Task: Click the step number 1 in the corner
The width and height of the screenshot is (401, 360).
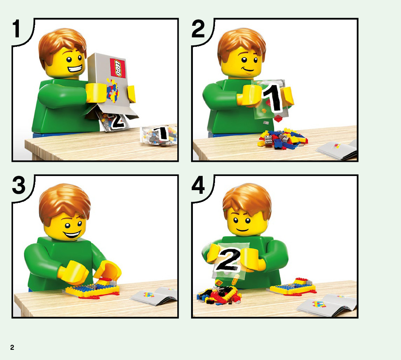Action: pyautogui.click(x=16, y=29)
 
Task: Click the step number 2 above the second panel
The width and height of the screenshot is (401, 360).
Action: pyautogui.click(x=198, y=29)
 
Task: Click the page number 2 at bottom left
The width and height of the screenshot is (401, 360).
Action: pyautogui.click(x=12, y=347)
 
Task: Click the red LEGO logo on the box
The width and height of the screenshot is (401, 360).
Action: pyautogui.click(x=118, y=68)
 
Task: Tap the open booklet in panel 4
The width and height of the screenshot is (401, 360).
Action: pyautogui.click(x=327, y=305)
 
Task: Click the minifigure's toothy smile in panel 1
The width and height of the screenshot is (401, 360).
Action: pyautogui.click(x=75, y=68)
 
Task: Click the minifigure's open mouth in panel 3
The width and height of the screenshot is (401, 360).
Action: pyautogui.click(x=73, y=234)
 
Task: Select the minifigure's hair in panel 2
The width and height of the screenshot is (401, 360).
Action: pyautogui.click(x=242, y=44)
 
